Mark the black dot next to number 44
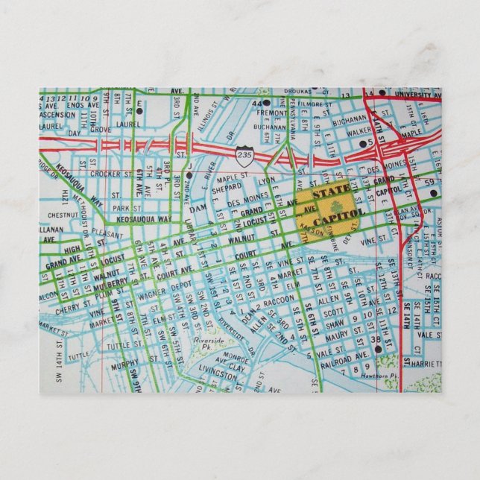tap(266, 102)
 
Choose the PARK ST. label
tap(121, 208)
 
